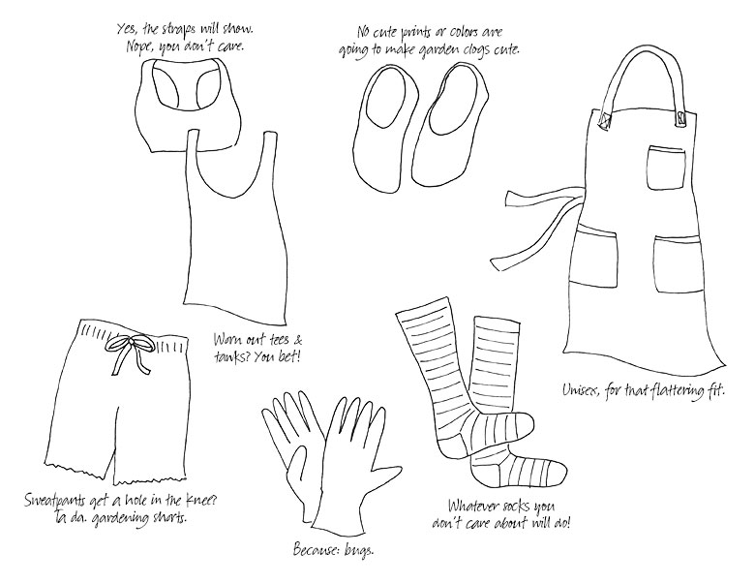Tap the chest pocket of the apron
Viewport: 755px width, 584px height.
point(665,168)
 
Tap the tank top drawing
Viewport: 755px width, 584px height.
point(237,227)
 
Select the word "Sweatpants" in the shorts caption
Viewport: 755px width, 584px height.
point(54,501)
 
